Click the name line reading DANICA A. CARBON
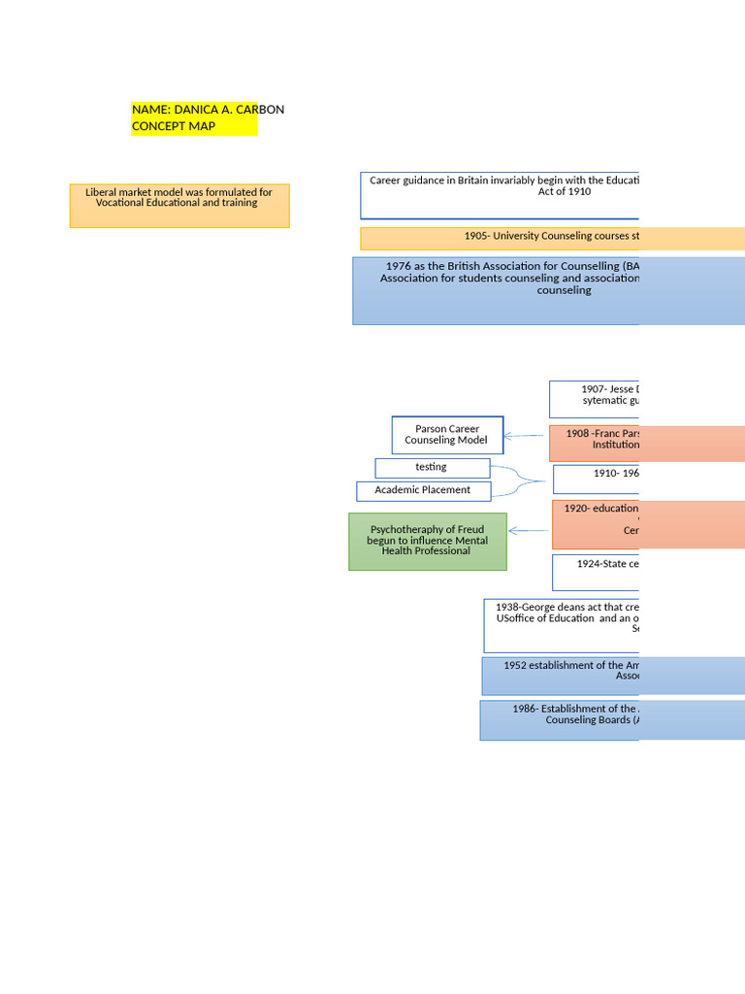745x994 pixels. [x=208, y=110]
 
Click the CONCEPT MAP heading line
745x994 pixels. [x=174, y=126]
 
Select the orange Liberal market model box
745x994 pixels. [x=179, y=205]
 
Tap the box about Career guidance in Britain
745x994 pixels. [x=501, y=195]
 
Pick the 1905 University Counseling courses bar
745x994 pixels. [x=552, y=239]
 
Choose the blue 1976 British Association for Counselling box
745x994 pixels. [x=548, y=290]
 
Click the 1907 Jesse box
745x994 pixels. [x=595, y=399]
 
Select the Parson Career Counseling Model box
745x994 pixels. [x=447, y=435]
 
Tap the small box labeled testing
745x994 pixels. [x=432, y=468]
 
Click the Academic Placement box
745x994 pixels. [x=423, y=491]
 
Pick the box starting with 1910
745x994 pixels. [x=597, y=479]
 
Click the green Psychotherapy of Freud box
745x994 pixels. [x=427, y=541]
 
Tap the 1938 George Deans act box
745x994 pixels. [x=562, y=625]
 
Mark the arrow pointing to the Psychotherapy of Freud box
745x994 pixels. [x=529, y=530]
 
